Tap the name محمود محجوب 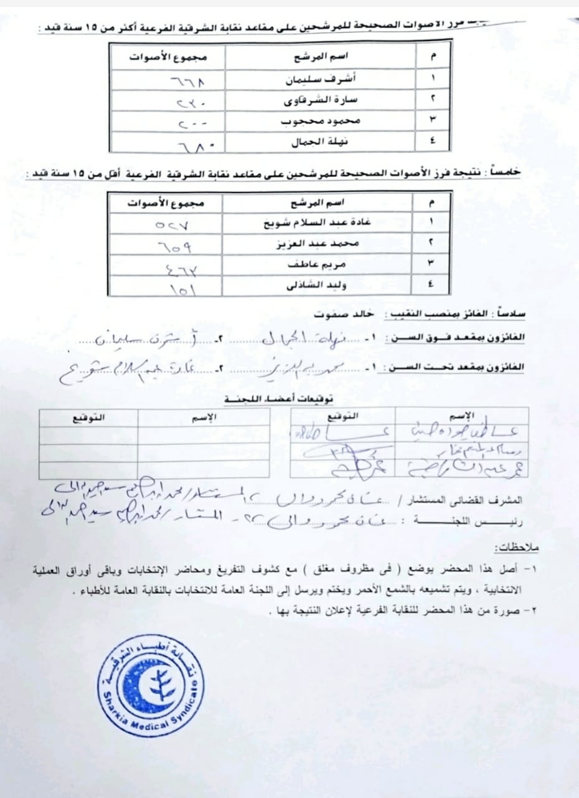coord(318,121)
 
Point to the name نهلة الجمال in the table coord(319,142)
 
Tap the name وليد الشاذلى coord(319,286)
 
